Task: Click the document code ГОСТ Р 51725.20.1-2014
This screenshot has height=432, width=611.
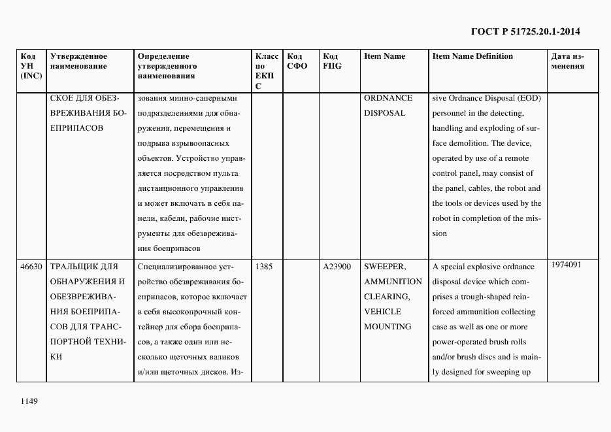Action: [x=525, y=31]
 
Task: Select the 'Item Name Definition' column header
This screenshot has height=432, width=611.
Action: [x=472, y=56]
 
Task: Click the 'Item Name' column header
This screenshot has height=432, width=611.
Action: [x=384, y=56]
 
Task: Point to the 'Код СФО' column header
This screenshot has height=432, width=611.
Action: [x=297, y=61]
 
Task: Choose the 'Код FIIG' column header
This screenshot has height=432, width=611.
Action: [x=332, y=61]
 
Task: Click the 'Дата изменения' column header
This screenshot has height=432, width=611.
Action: [x=568, y=61]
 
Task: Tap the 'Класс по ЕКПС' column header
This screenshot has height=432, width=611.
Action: [x=266, y=71]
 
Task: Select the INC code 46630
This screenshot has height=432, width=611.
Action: [x=31, y=267]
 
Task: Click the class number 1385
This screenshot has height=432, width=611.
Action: [x=264, y=267]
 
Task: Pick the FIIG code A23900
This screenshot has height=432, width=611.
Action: [x=337, y=267]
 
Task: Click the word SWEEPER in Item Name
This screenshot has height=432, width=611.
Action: [x=385, y=267]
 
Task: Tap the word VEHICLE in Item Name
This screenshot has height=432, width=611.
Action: [x=383, y=312]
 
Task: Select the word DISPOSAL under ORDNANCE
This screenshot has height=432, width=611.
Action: [x=384, y=113]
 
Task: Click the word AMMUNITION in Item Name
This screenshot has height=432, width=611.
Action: [x=393, y=282]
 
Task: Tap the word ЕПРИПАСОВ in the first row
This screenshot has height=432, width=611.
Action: [x=76, y=128]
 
